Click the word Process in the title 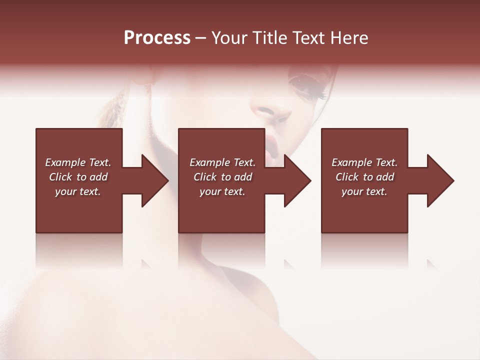[157, 38]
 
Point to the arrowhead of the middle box [296, 180]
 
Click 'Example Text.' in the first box [78, 162]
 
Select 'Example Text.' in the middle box [222, 162]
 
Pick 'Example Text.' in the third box [364, 162]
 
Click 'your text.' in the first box [78, 191]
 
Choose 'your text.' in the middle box [222, 191]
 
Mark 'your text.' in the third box [364, 191]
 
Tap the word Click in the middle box [205, 177]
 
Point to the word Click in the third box [347, 177]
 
